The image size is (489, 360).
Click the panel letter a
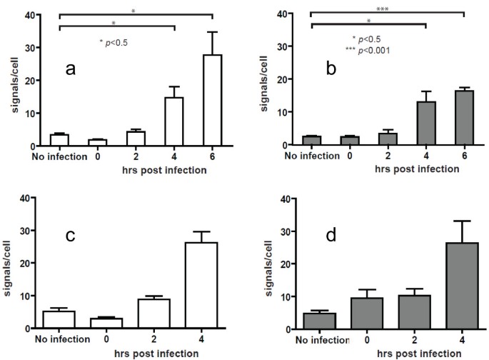point(70,69)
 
